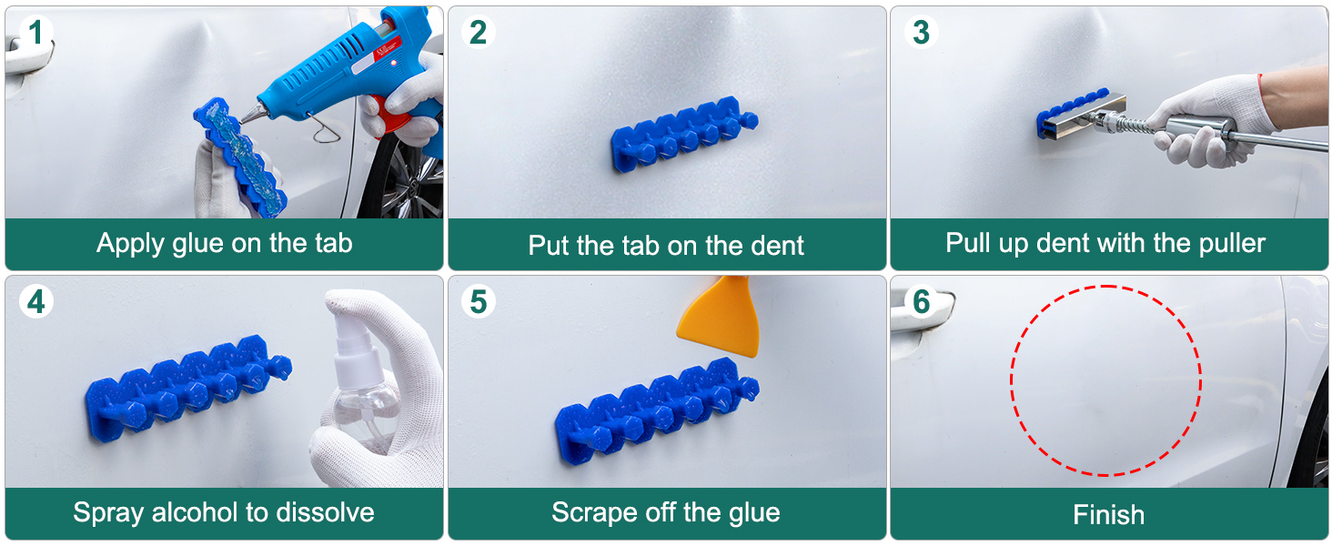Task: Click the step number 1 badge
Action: point(35,32)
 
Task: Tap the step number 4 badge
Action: point(35,301)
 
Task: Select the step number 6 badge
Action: point(921,301)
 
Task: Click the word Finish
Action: point(1108,515)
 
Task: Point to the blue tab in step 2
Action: point(684,134)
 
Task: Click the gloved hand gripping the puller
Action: point(1207,122)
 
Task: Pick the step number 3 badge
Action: point(921,32)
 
